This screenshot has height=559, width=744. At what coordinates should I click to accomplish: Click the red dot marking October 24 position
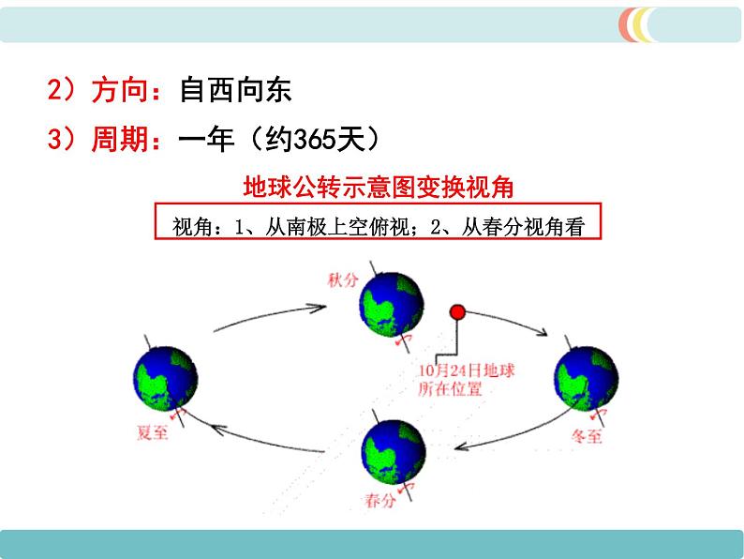pyautogui.click(x=457, y=312)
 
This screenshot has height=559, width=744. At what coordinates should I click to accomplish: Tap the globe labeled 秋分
pyautogui.click(x=392, y=305)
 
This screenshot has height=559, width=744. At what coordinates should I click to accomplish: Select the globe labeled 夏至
pyautogui.click(x=166, y=379)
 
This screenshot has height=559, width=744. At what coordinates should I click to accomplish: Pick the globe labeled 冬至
pyautogui.click(x=587, y=378)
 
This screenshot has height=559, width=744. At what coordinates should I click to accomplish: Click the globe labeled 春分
pyautogui.click(x=394, y=452)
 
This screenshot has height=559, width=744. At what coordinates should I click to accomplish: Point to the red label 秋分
pyautogui.click(x=343, y=279)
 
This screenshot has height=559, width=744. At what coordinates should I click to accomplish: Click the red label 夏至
pyautogui.click(x=153, y=432)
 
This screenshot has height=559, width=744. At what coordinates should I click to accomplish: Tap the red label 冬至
pyautogui.click(x=587, y=435)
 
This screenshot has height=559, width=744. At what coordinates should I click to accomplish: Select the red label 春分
pyautogui.click(x=380, y=500)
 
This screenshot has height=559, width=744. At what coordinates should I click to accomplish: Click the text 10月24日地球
pyautogui.click(x=466, y=370)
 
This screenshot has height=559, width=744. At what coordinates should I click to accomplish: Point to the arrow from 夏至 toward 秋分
pyautogui.click(x=270, y=315)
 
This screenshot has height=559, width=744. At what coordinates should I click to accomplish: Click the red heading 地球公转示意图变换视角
pyautogui.click(x=379, y=187)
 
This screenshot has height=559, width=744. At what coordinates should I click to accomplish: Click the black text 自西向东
pyautogui.click(x=235, y=89)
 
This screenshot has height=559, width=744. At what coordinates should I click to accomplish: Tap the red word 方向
pyautogui.click(x=120, y=89)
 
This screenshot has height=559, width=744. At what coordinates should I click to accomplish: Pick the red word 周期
pyautogui.click(x=120, y=139)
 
